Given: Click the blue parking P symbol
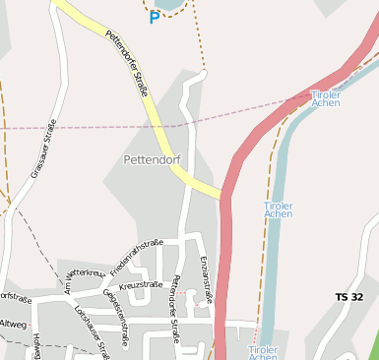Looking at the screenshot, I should tap(154, 17).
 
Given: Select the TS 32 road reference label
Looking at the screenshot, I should tap(349, 297).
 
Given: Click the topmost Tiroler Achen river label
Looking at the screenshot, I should tap(326, 96).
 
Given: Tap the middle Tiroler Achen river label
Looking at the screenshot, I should tap(279, 209).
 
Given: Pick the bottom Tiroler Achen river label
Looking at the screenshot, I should tap(263, 352).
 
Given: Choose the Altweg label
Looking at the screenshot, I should tap(13, 323).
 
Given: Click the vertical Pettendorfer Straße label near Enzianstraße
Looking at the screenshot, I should tap(175, 309).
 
